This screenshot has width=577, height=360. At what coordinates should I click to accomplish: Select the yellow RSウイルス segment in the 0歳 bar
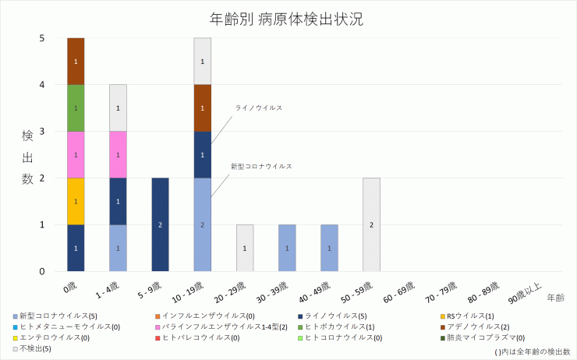pos(76,201)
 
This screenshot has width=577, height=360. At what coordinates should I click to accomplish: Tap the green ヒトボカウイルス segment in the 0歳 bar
pos(76,108)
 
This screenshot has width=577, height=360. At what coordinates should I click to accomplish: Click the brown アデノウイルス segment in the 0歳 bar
pos(76,61)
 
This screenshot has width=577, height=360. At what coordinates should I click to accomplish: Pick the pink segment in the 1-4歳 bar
pos(118,154)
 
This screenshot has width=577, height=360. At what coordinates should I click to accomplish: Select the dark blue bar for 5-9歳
pos(160,224)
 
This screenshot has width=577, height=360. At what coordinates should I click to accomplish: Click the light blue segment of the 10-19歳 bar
pos(202,224)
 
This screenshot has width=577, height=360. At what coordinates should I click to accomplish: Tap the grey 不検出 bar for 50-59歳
pos(371,224)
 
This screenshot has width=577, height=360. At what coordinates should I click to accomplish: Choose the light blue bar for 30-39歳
pos(286,248)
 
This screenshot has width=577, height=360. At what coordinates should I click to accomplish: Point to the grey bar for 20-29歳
pos(244,248)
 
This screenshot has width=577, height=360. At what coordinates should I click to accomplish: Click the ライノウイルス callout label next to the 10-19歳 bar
pos(258,108)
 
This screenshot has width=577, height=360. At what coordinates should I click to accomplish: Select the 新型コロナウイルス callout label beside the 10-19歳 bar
pos(261,166)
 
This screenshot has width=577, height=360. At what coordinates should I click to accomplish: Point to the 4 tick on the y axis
pos(42,84)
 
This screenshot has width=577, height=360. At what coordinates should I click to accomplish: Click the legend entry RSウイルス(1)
pos(468,316)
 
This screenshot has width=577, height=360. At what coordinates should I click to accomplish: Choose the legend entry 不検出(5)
pos(35,348)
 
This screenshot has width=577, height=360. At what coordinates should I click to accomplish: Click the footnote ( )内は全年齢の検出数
pos(533,352)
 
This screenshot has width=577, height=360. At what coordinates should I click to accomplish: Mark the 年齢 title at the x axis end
pos(556,298)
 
